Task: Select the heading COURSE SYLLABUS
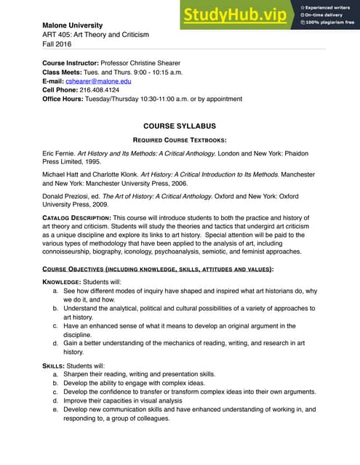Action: click(x=180, y=126)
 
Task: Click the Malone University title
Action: click(x=73, y=25)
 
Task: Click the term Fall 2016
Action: click(x=62, y=44)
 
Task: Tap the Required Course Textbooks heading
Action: click(x=180, y=139)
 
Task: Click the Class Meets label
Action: click(x=64, y=72)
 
